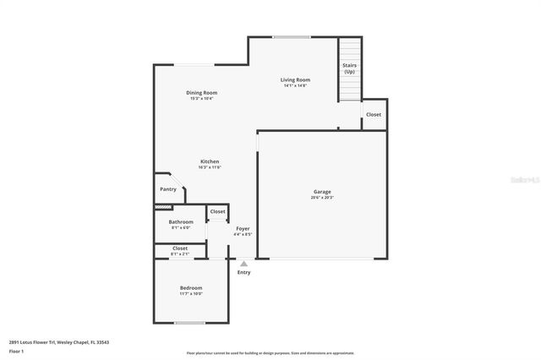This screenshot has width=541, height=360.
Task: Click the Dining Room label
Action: click(201, 92)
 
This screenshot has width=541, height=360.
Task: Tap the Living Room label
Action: click(295, 79)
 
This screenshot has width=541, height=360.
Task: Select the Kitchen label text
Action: click(210, 161)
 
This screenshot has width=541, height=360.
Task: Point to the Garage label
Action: click(322, 192)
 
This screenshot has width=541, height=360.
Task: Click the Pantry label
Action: click(168, 189)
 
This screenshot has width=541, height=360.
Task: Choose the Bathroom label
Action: click(181, 221)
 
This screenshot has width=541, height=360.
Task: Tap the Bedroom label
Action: click(190, 288)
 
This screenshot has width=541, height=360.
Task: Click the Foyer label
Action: click(243, 228)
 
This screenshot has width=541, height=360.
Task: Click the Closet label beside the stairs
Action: click(373, 114)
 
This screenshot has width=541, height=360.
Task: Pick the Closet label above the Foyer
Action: click(217, 211)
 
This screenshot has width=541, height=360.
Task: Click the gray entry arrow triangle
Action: click(243, 264)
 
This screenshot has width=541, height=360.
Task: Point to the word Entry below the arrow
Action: click(243, 272)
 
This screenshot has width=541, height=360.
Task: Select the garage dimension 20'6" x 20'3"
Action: click(322, 198)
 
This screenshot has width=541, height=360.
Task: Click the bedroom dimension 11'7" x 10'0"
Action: click(190, 294)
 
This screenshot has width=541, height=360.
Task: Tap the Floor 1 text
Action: click(17, 352)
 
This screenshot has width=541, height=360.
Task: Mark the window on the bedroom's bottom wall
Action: click(190, 322)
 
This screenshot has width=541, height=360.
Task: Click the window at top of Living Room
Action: click(290, 36)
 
